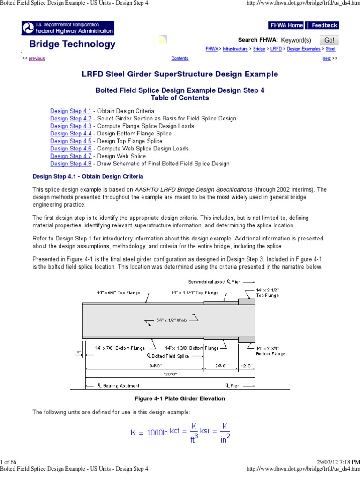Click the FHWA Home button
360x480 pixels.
tap(286, 25)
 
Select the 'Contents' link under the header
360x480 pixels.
tap(180, 59)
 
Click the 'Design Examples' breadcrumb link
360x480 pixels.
tap(304, 49)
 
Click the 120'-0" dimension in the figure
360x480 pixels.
tap(169, 374)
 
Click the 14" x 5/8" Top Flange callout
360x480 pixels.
tap(118, 292)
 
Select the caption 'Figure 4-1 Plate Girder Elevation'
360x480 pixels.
tap(180, 398)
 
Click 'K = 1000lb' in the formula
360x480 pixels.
tap(149, 433)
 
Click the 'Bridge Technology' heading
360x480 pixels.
tap(72, 44)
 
